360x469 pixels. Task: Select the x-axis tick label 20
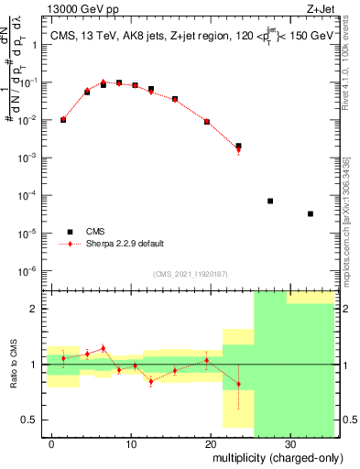tap(210, 442)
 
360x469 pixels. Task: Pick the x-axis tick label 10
tap(131, 442)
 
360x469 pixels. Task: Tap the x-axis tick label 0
tap(52, 442)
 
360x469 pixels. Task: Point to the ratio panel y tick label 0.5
tap(33, 420)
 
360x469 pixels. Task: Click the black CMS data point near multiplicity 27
tap(270, 201)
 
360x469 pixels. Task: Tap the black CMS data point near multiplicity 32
tap(310, 213)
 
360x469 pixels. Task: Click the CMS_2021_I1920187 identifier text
tap(190, 274)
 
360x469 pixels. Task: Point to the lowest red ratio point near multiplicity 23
tap(238, 385)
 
